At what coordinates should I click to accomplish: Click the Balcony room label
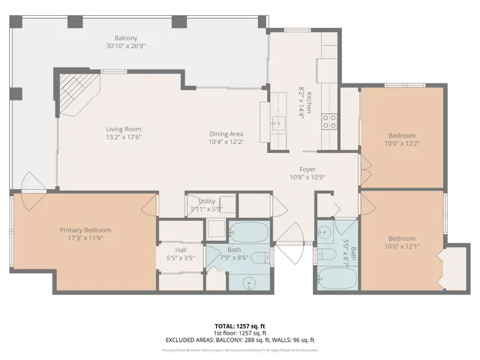tap(124, 38)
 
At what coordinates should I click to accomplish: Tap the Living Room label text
tap(123, 129)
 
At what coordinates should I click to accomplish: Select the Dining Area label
tap(226, 133)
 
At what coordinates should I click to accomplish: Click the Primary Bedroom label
tap(85, 229)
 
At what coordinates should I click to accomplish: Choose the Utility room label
tap(207, 202)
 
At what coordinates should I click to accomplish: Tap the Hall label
tap(181, 250)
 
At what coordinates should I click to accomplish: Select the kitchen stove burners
tap(329, 121)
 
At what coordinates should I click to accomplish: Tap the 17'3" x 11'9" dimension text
tap(85, 238)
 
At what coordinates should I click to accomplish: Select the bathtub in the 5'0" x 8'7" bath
tap(338, 279)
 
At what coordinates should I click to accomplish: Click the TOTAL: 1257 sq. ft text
tap(239, 326)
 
